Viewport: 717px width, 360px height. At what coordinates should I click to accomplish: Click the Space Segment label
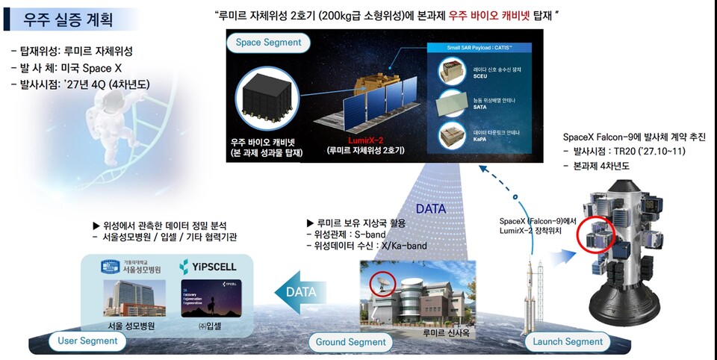pyautogui.click(x=258, y=43)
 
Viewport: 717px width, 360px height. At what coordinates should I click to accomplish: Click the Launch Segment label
pyautogui.click(x=568, y=341)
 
